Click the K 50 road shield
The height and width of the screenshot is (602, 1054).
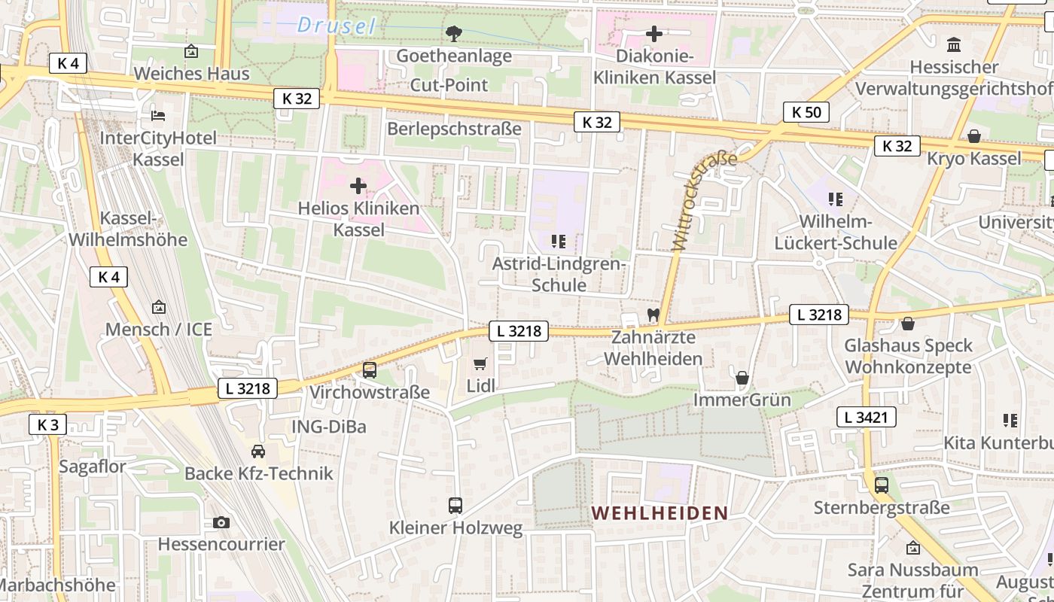point(806,112)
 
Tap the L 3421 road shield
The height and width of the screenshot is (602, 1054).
point(866,417)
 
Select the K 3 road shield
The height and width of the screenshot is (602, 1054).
point(47,424)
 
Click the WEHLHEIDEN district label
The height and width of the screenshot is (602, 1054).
point(660,513)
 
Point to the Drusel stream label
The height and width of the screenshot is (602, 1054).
point(336,26)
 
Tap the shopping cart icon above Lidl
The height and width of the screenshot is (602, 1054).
point(480,364)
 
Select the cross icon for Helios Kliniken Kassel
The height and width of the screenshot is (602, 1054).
point(358,185)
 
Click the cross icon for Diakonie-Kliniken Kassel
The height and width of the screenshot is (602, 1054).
point(654,34)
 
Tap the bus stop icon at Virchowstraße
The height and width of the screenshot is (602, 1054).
point(369,369)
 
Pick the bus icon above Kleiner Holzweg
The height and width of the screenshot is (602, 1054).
point(455,505)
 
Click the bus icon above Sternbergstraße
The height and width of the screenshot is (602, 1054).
point(881,485)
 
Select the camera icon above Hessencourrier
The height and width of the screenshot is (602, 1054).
point(221,522)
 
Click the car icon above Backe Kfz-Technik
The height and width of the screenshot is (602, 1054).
point(258,451)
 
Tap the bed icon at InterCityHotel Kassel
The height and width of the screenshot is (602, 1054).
point(158,115)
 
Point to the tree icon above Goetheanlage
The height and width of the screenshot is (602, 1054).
point(453,33)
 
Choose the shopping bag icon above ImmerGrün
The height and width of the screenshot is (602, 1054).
point(742,378)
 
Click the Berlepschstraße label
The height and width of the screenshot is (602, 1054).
point(454,129)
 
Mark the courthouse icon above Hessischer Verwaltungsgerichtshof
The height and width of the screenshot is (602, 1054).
point(954,44)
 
